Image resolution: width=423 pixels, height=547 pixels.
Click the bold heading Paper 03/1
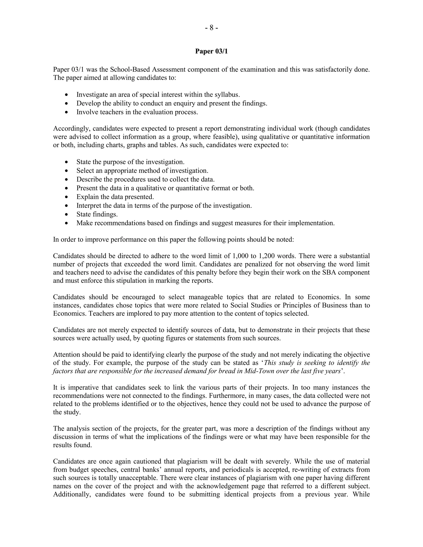click(211, 51)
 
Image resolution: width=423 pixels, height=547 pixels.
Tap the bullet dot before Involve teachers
click(67, 112)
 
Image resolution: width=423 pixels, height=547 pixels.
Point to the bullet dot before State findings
click(67, 215)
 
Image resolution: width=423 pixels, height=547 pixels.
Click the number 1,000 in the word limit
click(240, 256)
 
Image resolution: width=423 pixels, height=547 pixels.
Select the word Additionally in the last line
click(72, 494)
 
